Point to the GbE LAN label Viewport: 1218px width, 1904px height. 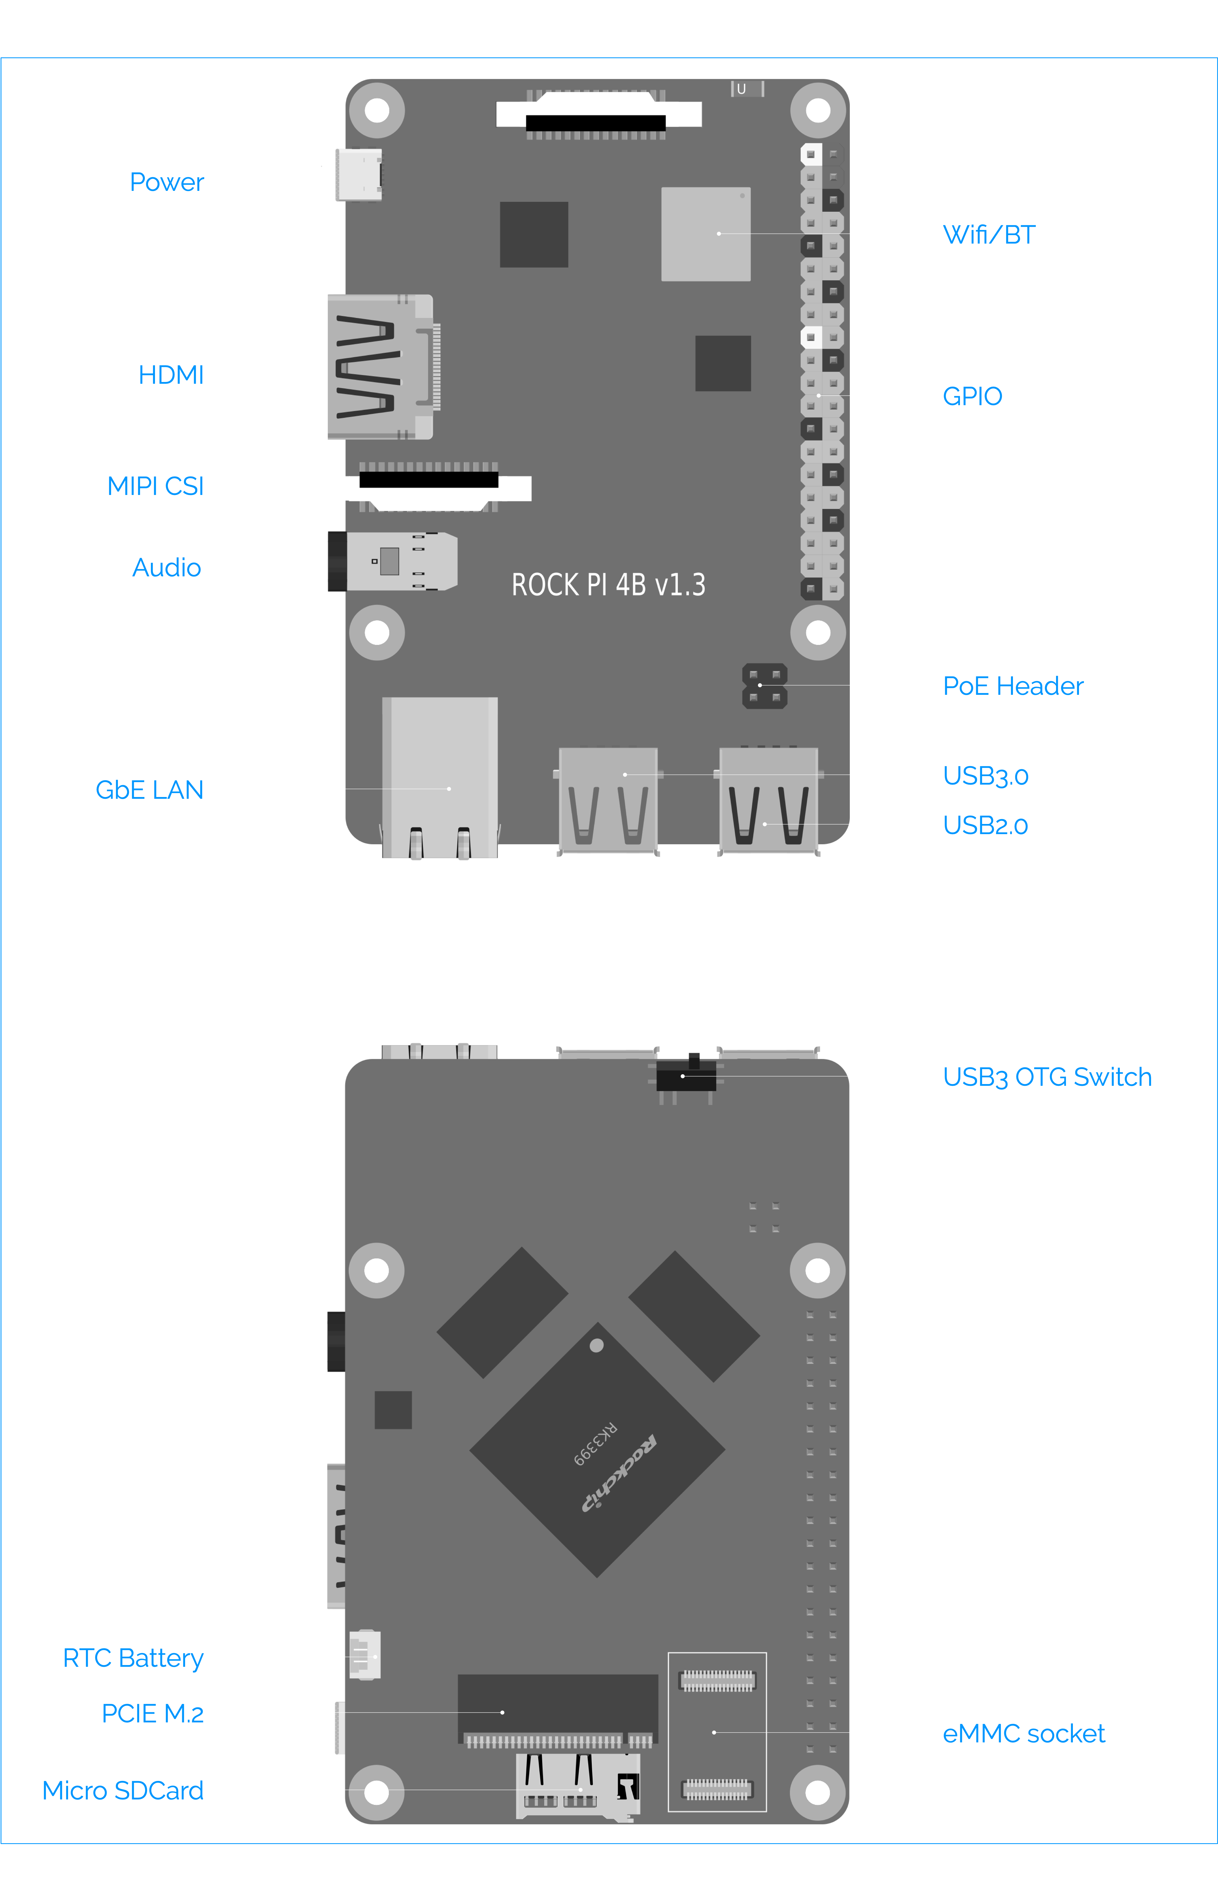pyautogui.click(x=149, y=790)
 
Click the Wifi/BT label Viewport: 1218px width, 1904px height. pyautogui.click(x=989, y=235)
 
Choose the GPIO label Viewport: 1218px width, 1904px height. pyautogui.click(x=972, y=396)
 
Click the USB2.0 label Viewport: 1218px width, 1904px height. pyautogui.click(x=985, y=825)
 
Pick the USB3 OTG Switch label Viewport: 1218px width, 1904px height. pyautogui.click(x=1047, y=1077)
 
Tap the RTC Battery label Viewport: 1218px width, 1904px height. pyautogui.click(x=133, y=1658)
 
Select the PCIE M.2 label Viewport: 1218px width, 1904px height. pyautogui.click(x=153, y=1713)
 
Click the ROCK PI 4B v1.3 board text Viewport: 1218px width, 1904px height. pyautogui.click(x=608, y=585)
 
